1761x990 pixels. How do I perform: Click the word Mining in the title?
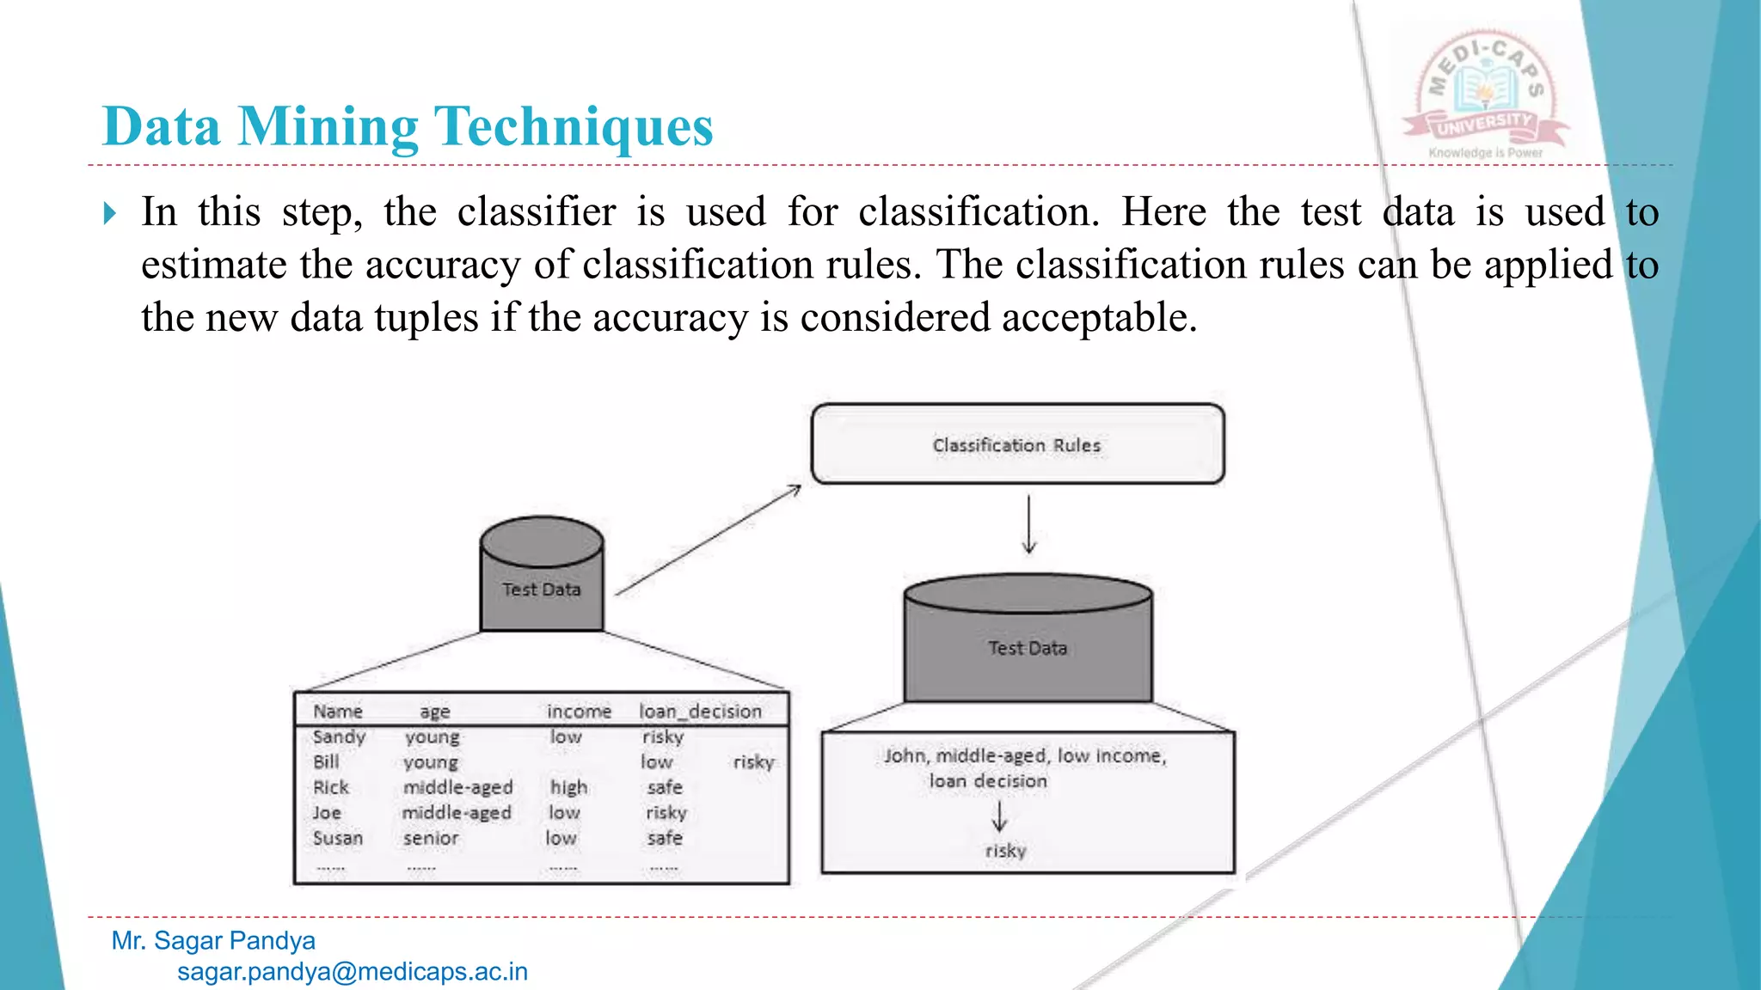pyautogui.click(x=328, y=127)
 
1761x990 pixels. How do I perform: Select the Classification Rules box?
pyautogui.click(x=1017, y=444)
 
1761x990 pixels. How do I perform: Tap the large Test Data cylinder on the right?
pyautogui.click(x=1028, y=639)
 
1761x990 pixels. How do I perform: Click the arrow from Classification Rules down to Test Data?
pyautogui.click(x=1028, y=523)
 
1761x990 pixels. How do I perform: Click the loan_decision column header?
pyautogui.click(x=700, y=712)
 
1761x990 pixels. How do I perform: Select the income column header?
pyautogui.click(x=579, y=712)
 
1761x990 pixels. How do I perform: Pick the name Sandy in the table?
pyautogui.click(x=339, y=737)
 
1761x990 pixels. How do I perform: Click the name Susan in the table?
pyautogui.click(x=337, y=838)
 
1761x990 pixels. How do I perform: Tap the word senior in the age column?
pyautogui.click(x=431, y=838)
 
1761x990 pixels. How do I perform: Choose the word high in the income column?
pyautogui.click(x=568, y=787)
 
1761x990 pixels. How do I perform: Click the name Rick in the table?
pyautogui.click(x=330, y=787)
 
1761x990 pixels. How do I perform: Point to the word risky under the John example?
pyautogui.click(x=1005, y=851)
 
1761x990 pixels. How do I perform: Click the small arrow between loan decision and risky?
pyautogui.click(x=998, y=816)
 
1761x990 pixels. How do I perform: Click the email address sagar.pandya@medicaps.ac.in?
pyautogui.click(x=353, y=972)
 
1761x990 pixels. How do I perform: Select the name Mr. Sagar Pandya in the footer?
pyautogui.click(x=213, y=941)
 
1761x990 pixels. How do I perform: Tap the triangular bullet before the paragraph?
pyautogui.click(x=109, y=212)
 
